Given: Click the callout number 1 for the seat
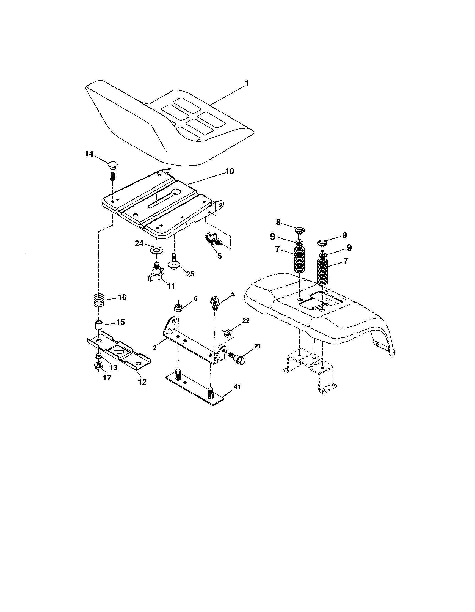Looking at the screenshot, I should pos(247,84).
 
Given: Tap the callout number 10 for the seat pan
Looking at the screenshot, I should pos(230,171).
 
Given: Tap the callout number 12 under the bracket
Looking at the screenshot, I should pos(142,382).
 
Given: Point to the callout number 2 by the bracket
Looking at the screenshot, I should pos(154,348).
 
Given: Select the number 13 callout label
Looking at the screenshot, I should pos(113,367).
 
